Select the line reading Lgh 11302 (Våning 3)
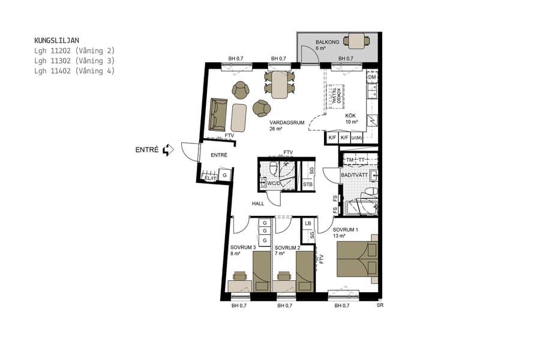click(74, 61)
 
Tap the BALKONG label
click(328, 42)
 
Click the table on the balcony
click(357, 41)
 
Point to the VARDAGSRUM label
click(287, 122)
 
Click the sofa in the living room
click(218, 115)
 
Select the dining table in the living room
click(280, 84)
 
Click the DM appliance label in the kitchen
click(371, 77)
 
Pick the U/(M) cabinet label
click(357, 138)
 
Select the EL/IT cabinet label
click(209, 178)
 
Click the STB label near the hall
click(307, 184)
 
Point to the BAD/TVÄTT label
click(353, 175)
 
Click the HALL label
click(258, 203)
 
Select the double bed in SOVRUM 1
click(357, 259)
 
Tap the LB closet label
click(308, 223)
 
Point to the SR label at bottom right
click(379, 305)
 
